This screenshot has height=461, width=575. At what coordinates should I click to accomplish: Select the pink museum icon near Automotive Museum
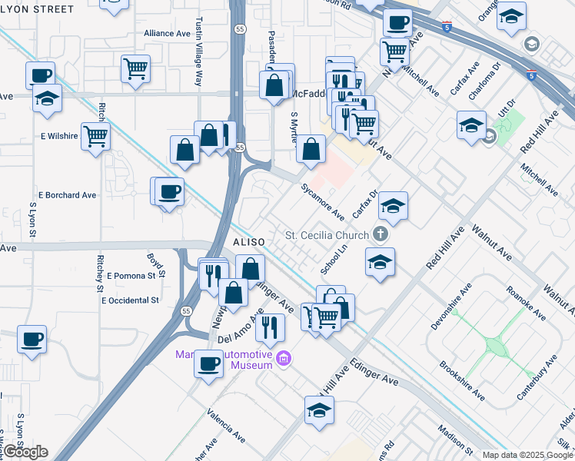[284, 359]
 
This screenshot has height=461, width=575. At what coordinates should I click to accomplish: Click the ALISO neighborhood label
[248, 242]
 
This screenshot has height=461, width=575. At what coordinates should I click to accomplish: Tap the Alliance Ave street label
[167, 34]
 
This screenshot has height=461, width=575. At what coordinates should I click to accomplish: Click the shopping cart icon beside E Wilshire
[95, 137]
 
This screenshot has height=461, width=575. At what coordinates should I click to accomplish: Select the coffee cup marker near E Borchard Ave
[169, 191]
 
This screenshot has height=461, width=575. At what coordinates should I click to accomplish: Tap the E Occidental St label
[130, 300]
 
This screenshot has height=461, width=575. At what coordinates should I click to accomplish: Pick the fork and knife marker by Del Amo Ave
[269, 326]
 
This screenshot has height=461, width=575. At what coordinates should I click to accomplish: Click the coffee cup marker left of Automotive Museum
[208, 364]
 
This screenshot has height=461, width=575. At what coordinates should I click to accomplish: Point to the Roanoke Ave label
[526, 303]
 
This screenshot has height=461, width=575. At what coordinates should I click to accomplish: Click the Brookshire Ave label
[462, 381]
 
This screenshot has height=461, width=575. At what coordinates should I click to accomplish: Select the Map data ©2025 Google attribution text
[527, 455]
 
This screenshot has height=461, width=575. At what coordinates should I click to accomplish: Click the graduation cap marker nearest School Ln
[380, 262]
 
